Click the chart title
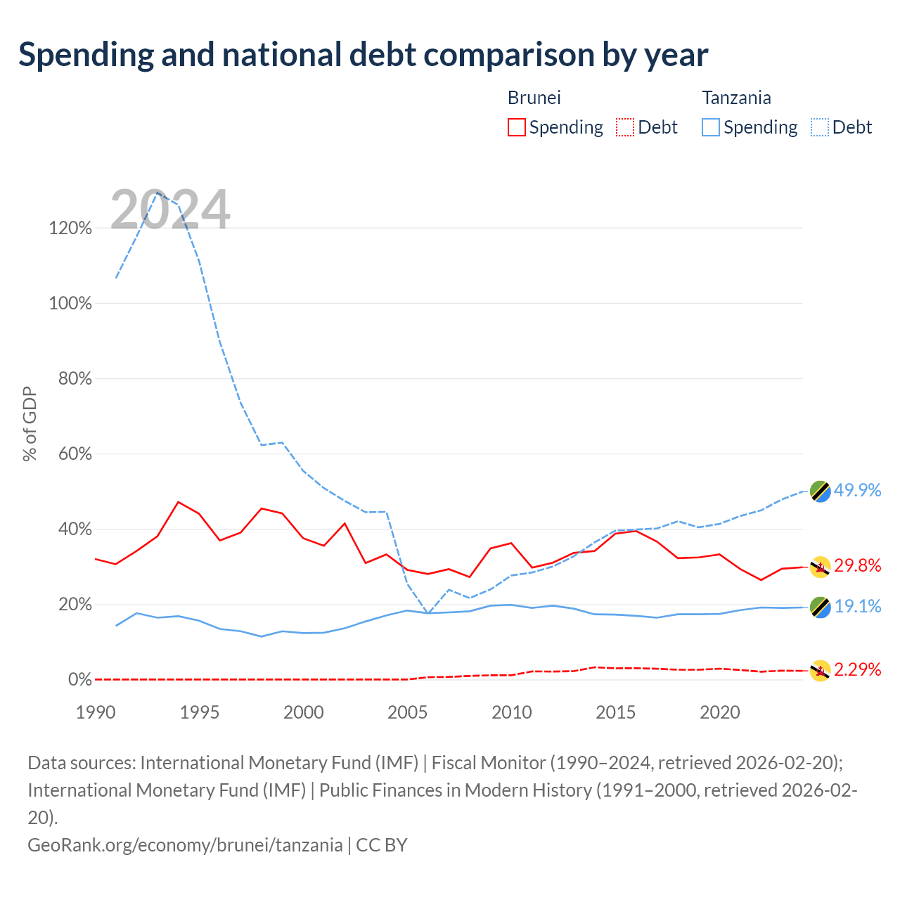(x=363, y=55)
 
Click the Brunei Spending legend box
(x=516, y=127)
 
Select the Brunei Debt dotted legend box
(x=624, y=127)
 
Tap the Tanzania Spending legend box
(x=710, y=127)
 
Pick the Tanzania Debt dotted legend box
(x=819, y=127)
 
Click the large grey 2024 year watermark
(x=170, y=210)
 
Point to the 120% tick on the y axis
(x=70, y=228)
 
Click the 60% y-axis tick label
(x=75, y=454)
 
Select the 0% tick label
(x=80, y=679)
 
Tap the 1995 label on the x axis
(x=200, y=712)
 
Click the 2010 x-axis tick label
(x=511, y=712)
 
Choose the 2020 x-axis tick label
(x=720, y=712)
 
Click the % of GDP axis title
(x=30, y=423)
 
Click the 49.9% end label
(x=858, y=490)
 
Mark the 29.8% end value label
(x=858, y=565)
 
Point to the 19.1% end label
(x=858, y=606)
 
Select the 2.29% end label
(x=858, y=669)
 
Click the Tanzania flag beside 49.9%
(x=820, y=491)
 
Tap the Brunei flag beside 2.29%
(x=820, y=671)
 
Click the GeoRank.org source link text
(x=185, y=845)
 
